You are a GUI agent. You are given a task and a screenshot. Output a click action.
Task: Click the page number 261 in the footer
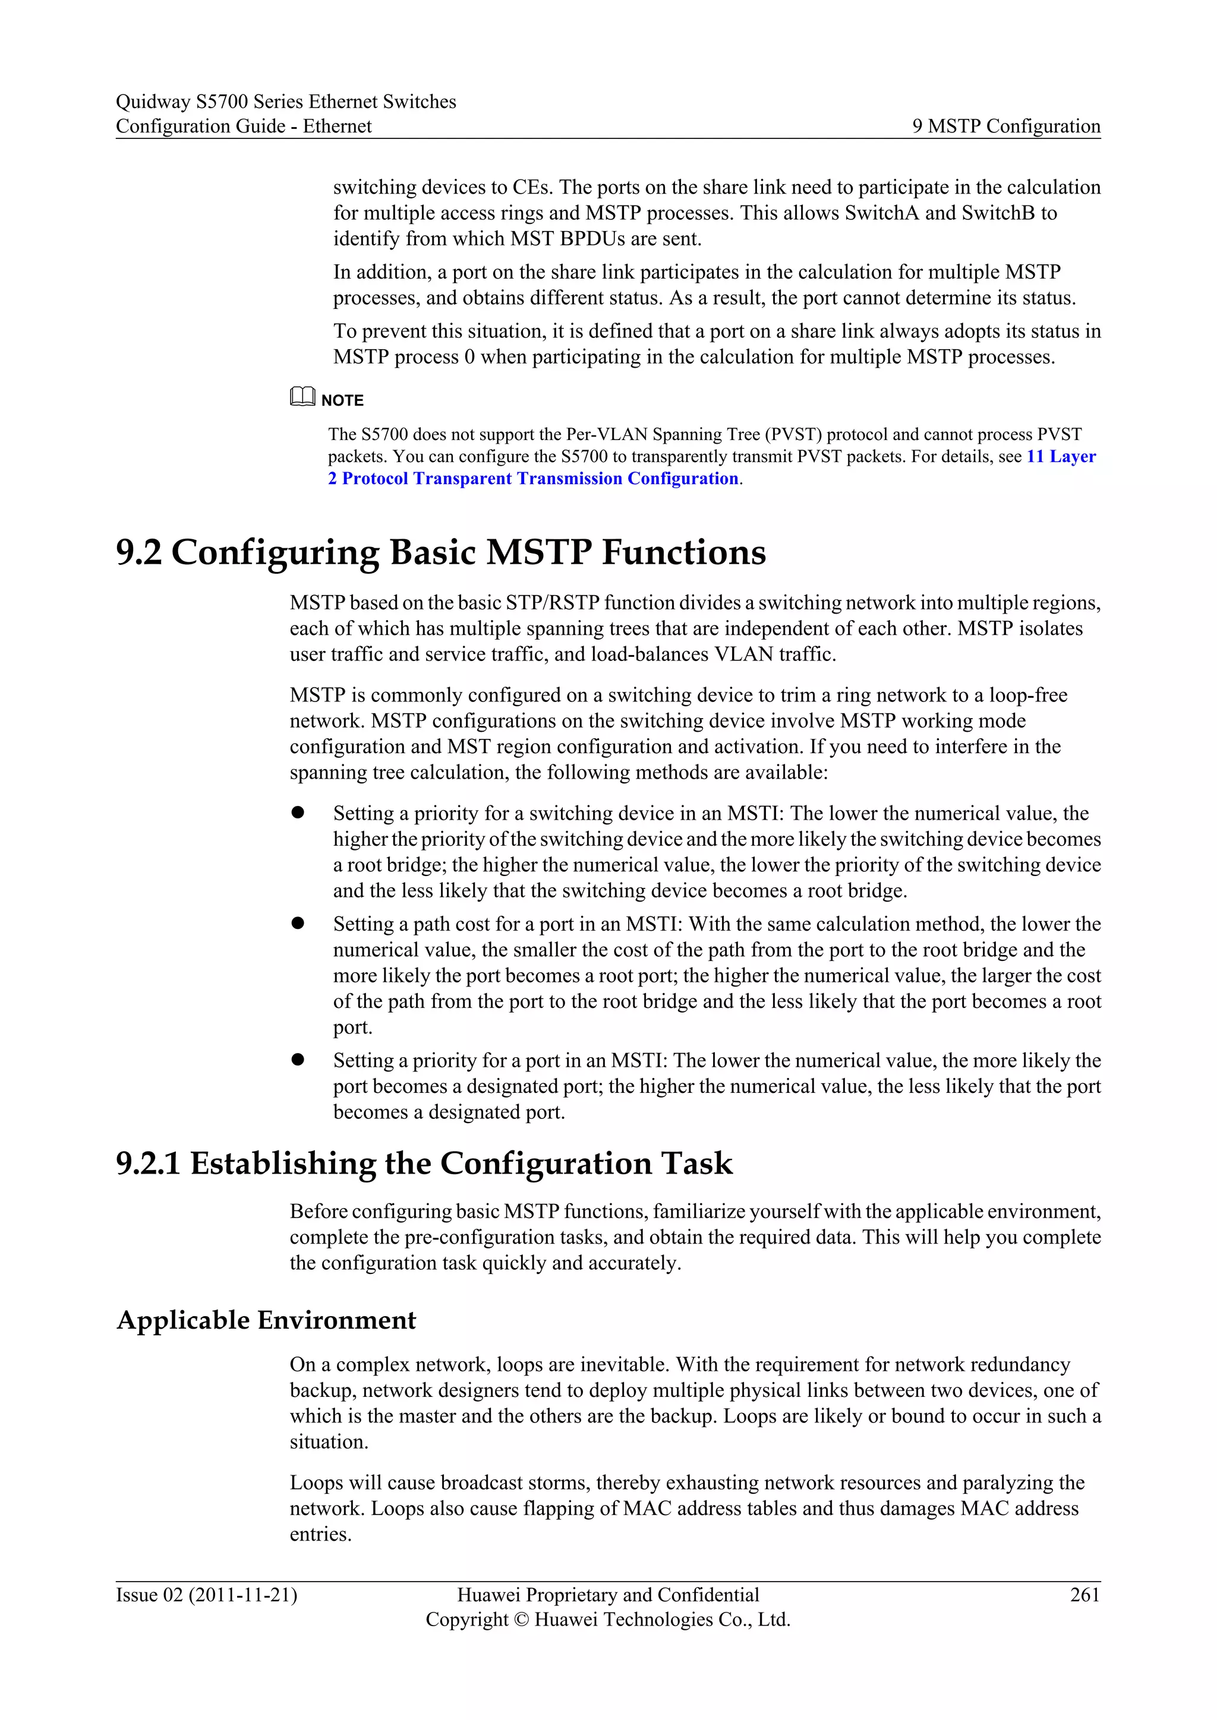click(1084, 1594)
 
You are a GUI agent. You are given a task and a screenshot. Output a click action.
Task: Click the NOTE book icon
click(302, 397)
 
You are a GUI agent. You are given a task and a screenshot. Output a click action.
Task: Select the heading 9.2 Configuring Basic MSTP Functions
click(441, 553)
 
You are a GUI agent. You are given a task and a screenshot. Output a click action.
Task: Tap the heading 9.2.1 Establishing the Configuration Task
click(424, 1163)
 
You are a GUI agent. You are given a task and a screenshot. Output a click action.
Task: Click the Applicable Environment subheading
click(266, 1320)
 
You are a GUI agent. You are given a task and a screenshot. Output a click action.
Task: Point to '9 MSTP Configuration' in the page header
click(1005, 126)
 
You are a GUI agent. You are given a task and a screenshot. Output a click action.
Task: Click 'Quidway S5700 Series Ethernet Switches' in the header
click(285, 101)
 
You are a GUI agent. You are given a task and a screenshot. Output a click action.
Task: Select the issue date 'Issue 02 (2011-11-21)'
click(206, 1594)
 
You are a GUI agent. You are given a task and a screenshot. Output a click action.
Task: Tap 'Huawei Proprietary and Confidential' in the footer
click(608, 1594)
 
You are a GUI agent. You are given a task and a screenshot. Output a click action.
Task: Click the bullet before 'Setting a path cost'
click(298, 923)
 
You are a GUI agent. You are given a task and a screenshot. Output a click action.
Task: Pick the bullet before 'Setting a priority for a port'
click(298, 1060)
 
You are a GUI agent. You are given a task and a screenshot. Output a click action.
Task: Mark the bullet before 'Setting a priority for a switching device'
click(298, 812)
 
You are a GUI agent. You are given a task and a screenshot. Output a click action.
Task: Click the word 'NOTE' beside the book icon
click(342, 401)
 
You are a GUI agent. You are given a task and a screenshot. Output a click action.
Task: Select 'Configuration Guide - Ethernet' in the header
click(244, 126)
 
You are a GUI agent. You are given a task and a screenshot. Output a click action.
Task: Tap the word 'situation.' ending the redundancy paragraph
click(329, 1441)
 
